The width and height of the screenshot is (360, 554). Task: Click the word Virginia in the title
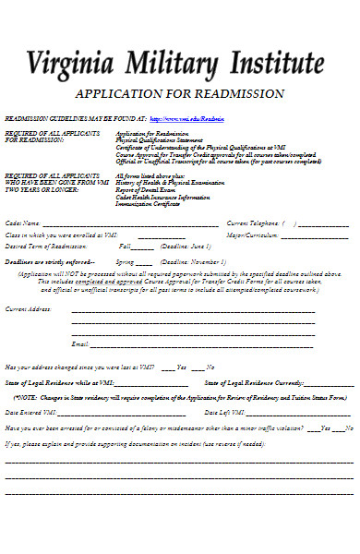pos(70,64)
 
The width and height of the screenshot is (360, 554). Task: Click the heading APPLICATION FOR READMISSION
pos(179,95)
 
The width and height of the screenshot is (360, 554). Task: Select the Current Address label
pos(29,309)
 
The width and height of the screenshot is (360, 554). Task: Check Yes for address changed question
pos(167,367)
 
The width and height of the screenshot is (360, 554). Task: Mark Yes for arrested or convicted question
pos(313,428)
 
